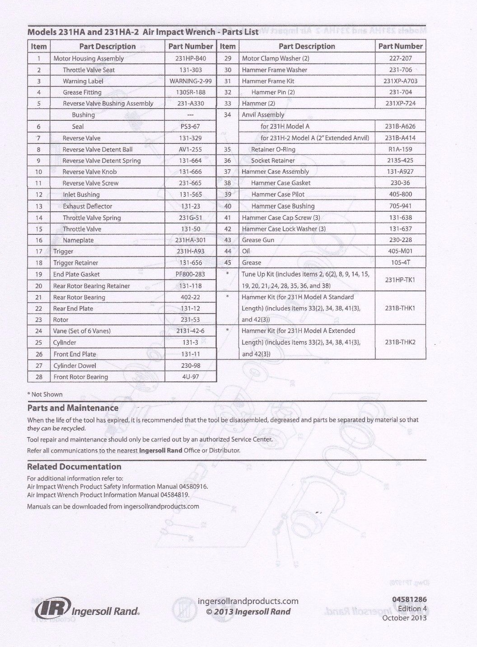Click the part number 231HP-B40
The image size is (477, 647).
tap(190, 58)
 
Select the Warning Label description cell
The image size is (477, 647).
tap(83, 81)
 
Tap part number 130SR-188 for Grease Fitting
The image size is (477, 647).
tap(190, 92)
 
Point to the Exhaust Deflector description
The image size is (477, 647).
tap(87, 206)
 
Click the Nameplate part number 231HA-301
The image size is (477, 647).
tap(190, 240)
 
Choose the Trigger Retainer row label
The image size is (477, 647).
tap(75, 263)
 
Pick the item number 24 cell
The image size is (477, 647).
tap(39, 331)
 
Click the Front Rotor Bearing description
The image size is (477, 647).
tap(80, 377)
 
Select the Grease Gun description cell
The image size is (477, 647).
tap(258, 240)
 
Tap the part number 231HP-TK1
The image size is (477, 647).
tap(400, 280)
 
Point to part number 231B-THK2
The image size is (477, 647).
tap(400, 343)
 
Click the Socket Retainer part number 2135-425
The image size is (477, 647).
tap(400, 161)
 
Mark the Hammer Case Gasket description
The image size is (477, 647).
tap(281, 183)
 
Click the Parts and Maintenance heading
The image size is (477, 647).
tap(73, 408)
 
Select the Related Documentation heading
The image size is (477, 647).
tap(74, 466)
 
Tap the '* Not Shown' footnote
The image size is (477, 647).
tap(45, 395)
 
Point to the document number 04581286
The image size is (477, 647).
tap(409, 600)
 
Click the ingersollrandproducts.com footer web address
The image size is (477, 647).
tap(248, 601)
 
